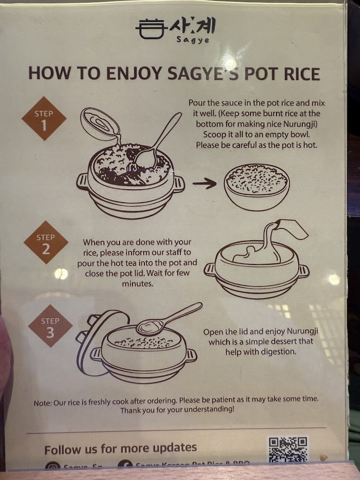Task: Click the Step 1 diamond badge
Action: point(44,119)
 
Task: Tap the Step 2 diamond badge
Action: point(46,242)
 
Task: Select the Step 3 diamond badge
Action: point(50,326)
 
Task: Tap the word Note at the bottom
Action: point(43,403)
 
